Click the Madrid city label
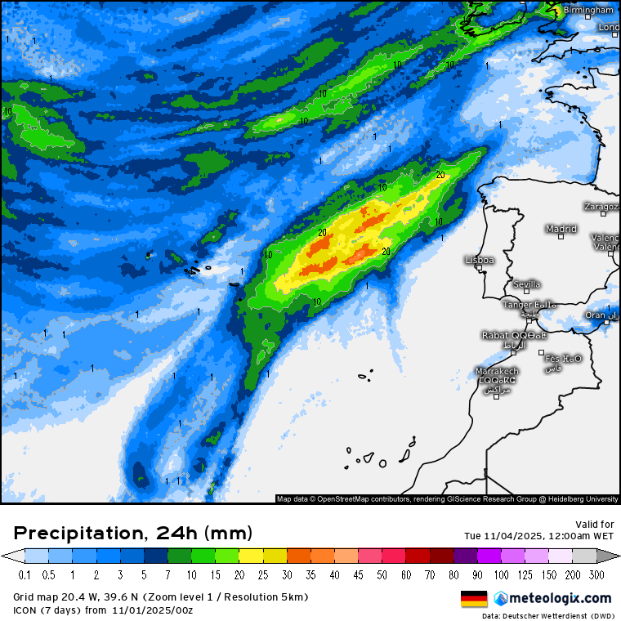point(561,229)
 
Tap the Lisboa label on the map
point(480,260)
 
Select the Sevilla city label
point(526,284)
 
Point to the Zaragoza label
point(602,207)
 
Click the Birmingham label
point(588,10)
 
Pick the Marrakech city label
point(496,371)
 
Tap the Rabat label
point(497,334)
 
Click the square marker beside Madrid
point(561,237)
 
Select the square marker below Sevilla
point(526,292)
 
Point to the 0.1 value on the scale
point(25,574)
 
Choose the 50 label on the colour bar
point(382,574)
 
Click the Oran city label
point(596,315)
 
